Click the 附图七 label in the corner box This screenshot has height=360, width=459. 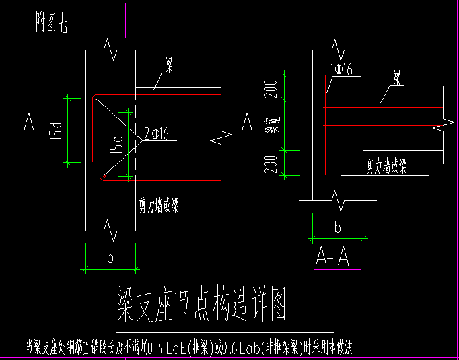[51, 24]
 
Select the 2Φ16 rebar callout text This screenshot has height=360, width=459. [158, 135]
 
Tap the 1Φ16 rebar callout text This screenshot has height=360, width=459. [341, 69]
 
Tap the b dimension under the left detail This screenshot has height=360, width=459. [110, 258]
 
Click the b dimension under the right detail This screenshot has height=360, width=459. [337, 228]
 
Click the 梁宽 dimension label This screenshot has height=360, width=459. [270, 125]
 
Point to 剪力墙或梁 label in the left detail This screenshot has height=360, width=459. [159, 206]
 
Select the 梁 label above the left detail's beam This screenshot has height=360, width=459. [169, 65]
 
